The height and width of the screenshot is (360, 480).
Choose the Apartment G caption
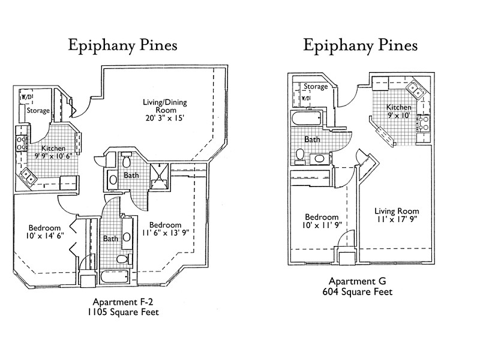click(x=357, y=281)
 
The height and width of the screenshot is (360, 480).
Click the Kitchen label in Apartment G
click(x=399, y=107)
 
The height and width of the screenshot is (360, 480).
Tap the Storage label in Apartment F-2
click(x=38, y=110)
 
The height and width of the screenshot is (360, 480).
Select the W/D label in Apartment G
click(x=306, y=98)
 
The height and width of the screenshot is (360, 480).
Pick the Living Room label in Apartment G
click(x=397, y=211)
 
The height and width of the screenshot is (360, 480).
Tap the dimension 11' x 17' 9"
click(x=397, y=221)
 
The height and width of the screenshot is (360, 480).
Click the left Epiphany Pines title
click(x=122, y=45)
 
